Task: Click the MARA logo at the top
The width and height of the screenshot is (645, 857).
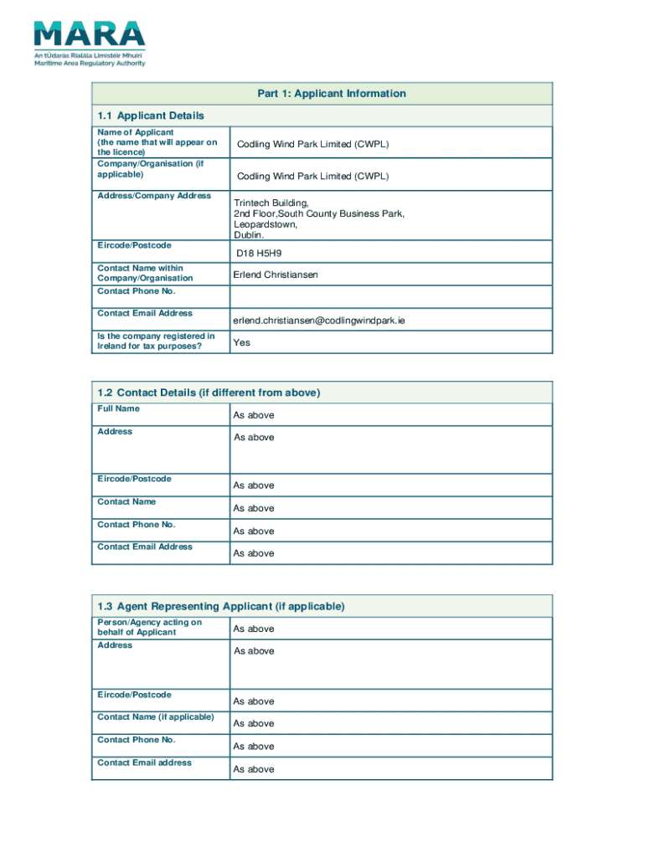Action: (x=90, y=34)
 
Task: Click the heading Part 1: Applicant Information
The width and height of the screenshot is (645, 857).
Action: (x=331, y=94)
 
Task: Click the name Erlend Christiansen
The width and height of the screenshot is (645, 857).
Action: (x=276, y=275)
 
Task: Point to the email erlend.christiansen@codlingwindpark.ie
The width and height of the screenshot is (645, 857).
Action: (x=319, y=320)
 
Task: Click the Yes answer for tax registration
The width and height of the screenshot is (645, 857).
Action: (x=241, y=342)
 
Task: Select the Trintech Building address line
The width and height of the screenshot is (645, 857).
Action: (x=271, y=203)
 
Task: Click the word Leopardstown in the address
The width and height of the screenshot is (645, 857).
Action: (x=266, y=225)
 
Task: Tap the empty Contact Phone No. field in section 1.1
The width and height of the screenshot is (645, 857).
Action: (x=390, y=296)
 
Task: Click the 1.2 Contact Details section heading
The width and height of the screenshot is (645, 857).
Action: (x=209, y=393)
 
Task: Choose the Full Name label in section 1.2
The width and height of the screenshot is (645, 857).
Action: (x=119, y=408)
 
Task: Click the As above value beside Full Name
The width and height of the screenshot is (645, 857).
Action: (x=253, y=415)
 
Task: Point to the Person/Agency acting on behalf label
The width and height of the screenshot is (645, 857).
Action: (x=149, y=627)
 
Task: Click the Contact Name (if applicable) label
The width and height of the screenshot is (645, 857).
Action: (x=156, y=717)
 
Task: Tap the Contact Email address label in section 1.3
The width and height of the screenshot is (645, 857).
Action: (x=144, y=762)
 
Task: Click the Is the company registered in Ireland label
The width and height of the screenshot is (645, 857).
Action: (x=156, y=341)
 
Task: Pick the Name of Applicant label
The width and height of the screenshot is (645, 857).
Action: (x=136, y=132)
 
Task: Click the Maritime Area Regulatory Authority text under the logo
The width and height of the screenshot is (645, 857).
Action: (x=90, y=63)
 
